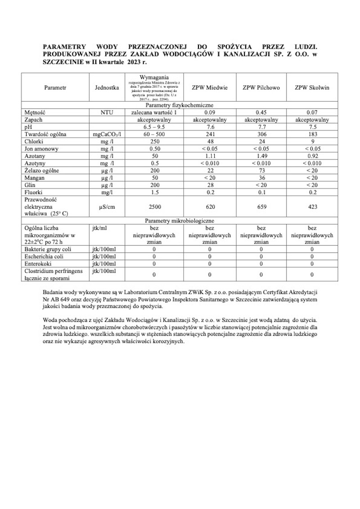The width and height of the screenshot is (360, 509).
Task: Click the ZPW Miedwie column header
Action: [209, 87]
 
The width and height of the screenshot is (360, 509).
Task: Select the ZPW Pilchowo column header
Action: [261, 87]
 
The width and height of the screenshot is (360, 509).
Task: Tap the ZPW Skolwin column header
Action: [312, 87]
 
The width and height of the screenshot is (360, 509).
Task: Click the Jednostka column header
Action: [107, 87]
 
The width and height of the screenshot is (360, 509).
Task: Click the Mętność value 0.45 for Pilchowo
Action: [261, 113]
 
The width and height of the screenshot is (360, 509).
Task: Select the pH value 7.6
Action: [209, 127]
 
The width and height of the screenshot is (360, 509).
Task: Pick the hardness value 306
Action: [261, 134]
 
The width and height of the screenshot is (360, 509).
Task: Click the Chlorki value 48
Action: [209, 141]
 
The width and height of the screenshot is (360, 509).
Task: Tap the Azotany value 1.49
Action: [261, 156]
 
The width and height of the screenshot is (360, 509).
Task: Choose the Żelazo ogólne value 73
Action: [261, 170]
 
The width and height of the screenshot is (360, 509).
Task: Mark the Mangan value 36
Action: [261, 177]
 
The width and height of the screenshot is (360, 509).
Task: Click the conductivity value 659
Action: [261, 207]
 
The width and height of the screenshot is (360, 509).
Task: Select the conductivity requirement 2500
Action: [154, 207]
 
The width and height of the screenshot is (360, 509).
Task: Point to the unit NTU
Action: [107, 113]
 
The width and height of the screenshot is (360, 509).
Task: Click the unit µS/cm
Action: [107, 207]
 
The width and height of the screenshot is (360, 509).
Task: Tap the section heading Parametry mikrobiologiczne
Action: [180, 221]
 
